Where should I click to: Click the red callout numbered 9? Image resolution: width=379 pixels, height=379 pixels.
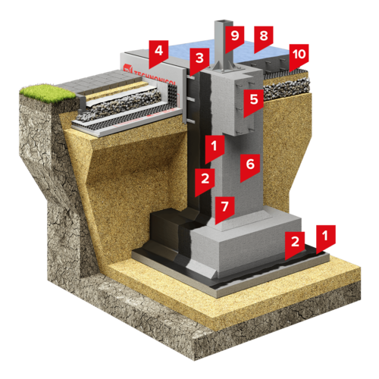(x=235, y=37)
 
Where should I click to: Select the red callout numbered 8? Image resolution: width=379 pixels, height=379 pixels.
(x=264, y=37)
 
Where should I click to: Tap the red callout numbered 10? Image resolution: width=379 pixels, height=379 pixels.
(x=299, y=55)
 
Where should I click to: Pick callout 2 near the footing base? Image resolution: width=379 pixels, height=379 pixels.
(x=295, y=243)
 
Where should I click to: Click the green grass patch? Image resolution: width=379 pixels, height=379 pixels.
(x=48, y=93)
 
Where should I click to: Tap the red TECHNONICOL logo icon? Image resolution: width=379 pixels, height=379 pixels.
(x=128, y=68)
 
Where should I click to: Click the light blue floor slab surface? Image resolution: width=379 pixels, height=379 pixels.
(x=202, y=51)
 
